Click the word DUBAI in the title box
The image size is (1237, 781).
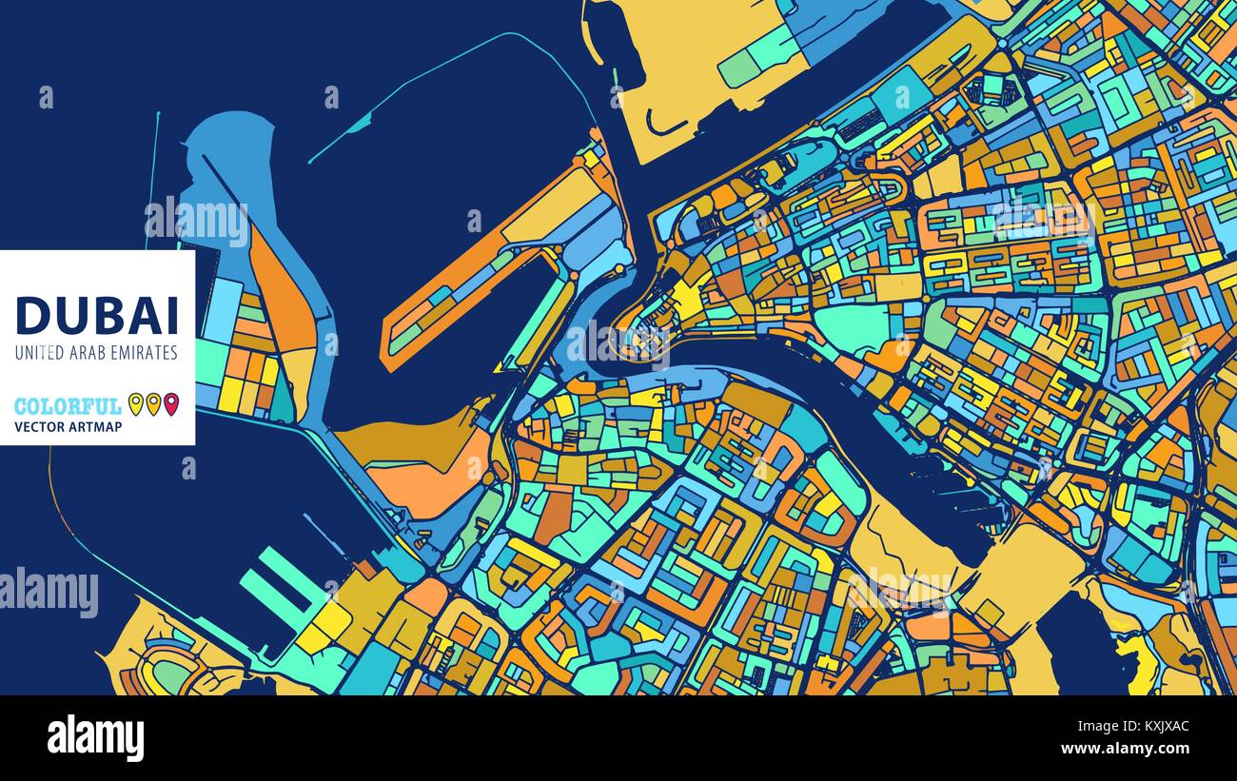(x=97, y=314)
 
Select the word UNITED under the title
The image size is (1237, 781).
(x=38, y=353)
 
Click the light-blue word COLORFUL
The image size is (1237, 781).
(x=68, y=406)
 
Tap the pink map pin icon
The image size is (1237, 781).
(x=171, y=404)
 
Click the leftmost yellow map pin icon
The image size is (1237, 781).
(x=135, y=404)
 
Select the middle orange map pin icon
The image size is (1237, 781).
(x=153, y=404)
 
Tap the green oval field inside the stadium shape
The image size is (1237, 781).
(x=171, y=674)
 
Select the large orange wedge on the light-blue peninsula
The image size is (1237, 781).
(x=284, y=295)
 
